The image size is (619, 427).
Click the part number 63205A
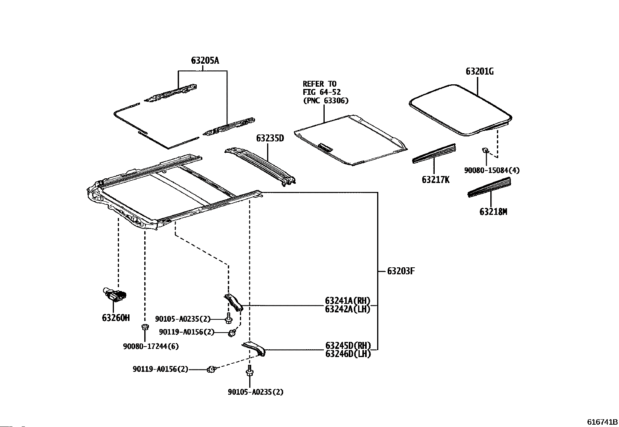(205, 61)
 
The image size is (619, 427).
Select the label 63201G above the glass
(479, 71)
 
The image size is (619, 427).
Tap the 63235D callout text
(270, 138)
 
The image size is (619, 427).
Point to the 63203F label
(401, 271)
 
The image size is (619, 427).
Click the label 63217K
(435, 180)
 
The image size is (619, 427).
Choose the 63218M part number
(493, 212)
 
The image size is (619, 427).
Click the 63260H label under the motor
(116, 318)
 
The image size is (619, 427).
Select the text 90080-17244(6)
(151, 346)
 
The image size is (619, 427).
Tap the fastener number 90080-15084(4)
(492, 171)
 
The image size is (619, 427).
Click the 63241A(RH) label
(348, 300)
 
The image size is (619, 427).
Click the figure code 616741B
(602, 422)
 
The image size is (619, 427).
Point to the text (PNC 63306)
(326, 101)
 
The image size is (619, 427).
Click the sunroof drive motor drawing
(115, 295)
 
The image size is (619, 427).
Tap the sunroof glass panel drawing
(461, 110)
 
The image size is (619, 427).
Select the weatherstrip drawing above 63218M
(489, 187)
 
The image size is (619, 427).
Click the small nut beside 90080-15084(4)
(485, 150)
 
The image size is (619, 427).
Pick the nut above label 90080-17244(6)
(145, 327)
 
